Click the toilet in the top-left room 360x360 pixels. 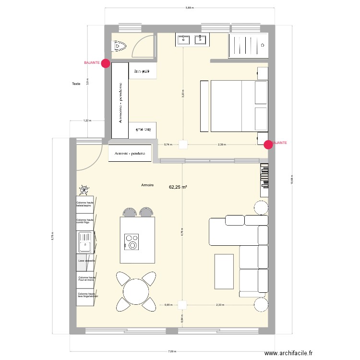point(119,47)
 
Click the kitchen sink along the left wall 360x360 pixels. point(84,242)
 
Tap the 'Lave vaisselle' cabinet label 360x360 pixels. point(86,261)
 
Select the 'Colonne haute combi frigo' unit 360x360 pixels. point(85,222)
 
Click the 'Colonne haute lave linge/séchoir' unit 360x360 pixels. point(86,295)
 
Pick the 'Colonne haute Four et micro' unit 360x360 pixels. point(86,278)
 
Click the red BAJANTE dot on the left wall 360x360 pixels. point(105,63)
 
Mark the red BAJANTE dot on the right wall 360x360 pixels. point(268,144)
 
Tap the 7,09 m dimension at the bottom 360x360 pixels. point(171,351)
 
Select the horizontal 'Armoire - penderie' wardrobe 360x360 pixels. point(130,154)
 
